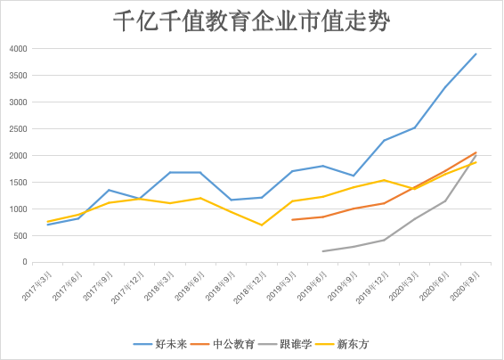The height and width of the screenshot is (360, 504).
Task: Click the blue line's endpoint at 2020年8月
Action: pyautogui.click(x=476, y=53)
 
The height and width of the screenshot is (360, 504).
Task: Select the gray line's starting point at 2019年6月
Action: pyautogui.click(x=323, y=251)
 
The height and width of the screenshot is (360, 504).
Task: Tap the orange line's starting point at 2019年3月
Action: pyautogui.click(x=293, y=219)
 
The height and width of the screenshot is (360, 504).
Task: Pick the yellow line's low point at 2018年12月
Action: pyautogui.click(x=262, y=225)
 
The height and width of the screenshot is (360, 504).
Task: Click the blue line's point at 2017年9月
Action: pyautogui.click(x=109, y=190)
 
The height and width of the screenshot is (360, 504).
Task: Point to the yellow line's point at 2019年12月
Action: pyautogui.click(x=385, y=180)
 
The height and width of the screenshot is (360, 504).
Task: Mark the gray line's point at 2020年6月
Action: pyautogui.click(x=445, y=200)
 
